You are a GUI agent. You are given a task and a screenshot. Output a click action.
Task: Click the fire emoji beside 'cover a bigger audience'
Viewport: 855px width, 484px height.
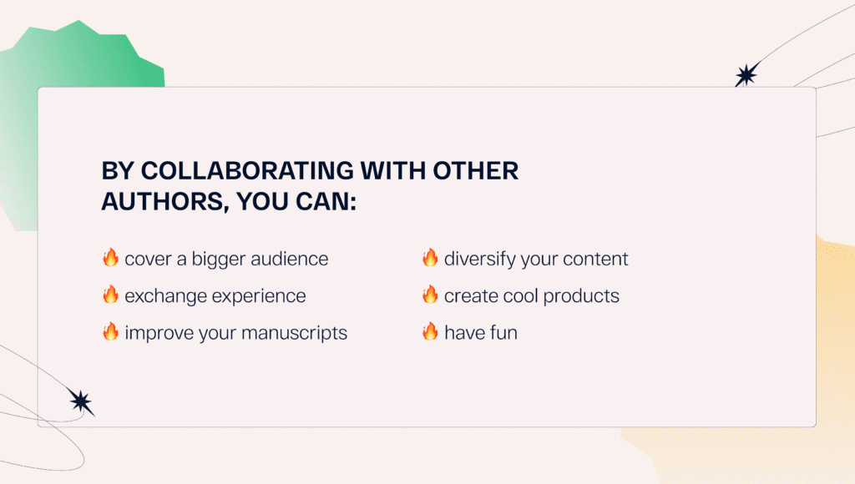[x=110, y=258]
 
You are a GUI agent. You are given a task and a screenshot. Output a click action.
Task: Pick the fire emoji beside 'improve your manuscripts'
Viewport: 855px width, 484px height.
[x=110, y=332]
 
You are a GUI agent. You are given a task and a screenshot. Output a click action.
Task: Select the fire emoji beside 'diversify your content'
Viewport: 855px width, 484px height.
[x=430, y=258]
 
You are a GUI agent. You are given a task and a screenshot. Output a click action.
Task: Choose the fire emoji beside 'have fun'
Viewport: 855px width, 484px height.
[x=430, y=332]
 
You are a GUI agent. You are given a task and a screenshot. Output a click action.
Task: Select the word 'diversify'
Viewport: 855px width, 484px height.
[x=479, y=260]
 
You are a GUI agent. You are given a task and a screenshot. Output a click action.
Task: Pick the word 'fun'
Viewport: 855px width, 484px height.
[x=503, y=333]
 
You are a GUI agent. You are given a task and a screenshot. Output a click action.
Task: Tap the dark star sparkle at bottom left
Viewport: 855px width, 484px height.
[x=81, y=402]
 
